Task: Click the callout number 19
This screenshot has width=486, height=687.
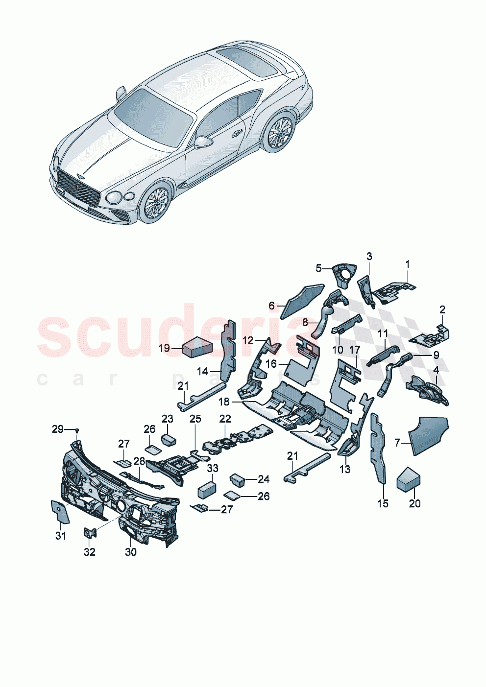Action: [164, 348]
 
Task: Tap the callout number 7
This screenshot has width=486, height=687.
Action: [397, 443]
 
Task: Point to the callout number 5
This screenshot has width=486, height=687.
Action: [319, 268]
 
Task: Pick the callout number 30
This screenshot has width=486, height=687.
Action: [131, 552]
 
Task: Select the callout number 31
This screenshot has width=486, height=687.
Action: [60, 536]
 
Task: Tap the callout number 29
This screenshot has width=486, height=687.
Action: [58, 429]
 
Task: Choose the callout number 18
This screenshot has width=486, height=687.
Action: [224, 402]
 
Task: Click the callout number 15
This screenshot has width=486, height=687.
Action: [383, 503]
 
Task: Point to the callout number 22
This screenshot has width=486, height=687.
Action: [225, 419]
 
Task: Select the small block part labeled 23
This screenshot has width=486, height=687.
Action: [169, 439]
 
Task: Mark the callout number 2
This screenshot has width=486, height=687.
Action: [442, 309]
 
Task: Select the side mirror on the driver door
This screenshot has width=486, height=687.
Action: [203, 142]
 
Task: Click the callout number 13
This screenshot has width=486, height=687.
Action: [345, 469]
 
